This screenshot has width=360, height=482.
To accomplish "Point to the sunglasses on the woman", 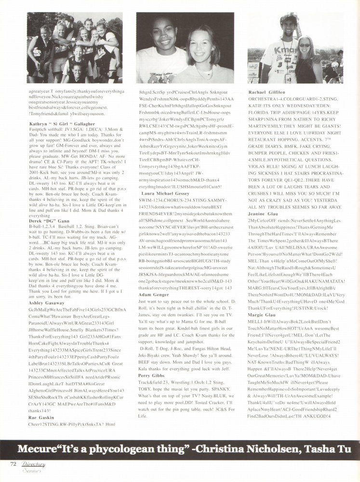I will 305,45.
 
